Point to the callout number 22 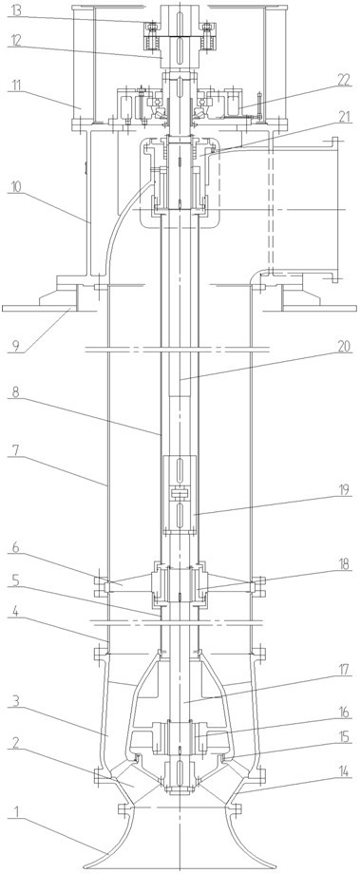click(346, 80)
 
